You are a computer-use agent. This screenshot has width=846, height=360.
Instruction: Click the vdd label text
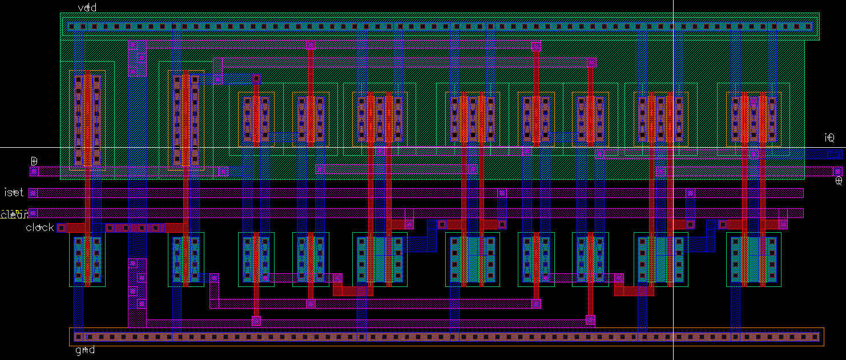pos(87,7)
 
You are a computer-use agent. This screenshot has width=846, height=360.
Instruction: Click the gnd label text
pos(85,350)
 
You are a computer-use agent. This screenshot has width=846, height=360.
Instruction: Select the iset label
pos(14,193)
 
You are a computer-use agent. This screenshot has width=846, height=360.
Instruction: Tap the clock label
pos(40,228)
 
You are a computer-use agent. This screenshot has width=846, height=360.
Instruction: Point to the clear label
pos(14,215)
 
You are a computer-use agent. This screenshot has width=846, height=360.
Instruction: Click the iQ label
pos(829,137)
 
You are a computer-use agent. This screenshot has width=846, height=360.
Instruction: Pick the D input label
pos(34,160)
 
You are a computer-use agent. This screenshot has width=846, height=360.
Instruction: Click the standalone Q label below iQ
pos(838,181)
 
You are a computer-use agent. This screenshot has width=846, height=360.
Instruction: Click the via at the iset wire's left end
pos(33,193)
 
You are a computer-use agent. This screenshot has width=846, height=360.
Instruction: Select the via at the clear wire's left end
pos(33,213)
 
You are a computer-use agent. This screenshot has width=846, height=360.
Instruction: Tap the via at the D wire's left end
pos(34,171)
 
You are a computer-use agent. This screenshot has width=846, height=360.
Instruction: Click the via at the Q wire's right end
pos(837,171)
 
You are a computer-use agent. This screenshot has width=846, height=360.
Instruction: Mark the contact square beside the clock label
pos(62,228)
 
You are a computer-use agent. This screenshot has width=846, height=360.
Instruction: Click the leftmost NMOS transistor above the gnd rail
pos(87,259)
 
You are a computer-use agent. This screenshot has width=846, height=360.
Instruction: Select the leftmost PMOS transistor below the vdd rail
pos(87,120)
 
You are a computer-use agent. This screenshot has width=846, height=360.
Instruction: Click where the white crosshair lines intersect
pos(674,148)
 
